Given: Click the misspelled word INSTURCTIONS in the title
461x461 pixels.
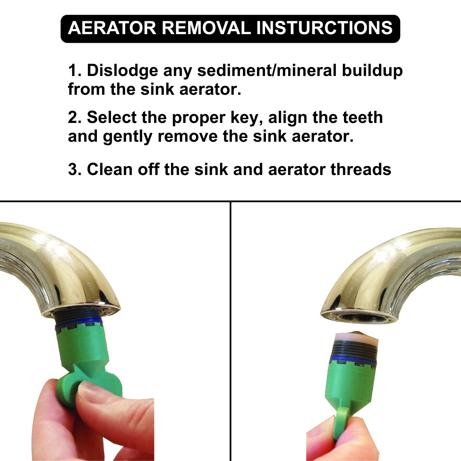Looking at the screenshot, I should point(324,28).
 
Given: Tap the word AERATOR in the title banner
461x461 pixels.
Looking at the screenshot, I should point(112,28).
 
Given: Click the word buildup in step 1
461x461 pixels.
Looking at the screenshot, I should point(372,70).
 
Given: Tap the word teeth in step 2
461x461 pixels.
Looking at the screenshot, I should point(362,117).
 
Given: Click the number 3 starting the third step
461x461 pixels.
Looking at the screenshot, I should point(72,169).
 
